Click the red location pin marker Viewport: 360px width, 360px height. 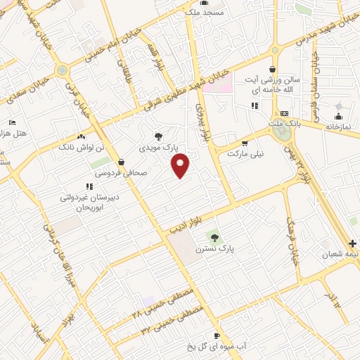[x=181, y=166]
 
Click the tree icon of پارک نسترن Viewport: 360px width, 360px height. [x=216, y=237]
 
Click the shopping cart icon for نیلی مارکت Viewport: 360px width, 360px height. [x=245, y=143]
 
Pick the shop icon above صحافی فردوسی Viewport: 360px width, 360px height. [x=122, y=162]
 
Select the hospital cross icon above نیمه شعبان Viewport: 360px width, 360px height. [x=352, y=243]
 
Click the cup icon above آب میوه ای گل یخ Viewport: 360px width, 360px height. [x=217, y=336]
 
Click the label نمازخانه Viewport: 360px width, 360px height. [x=338, y=125]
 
